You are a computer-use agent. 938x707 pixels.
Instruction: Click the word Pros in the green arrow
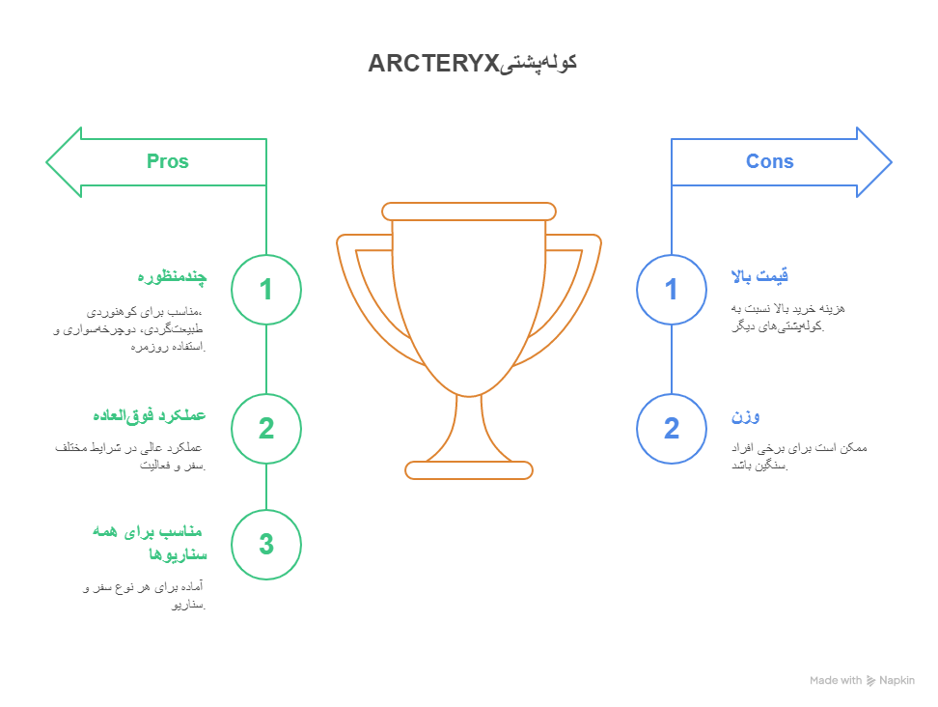(168, 161)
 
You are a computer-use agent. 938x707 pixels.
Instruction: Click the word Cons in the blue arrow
(769, 161)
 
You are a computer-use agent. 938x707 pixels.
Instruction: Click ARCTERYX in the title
(433, 64)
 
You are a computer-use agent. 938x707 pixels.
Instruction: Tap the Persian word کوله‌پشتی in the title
(538, 64)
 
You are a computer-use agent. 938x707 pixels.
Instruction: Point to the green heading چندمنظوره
(172, 276)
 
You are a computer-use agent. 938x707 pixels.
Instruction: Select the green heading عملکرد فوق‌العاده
(149, 415)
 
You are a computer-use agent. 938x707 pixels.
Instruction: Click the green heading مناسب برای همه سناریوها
(149, 543)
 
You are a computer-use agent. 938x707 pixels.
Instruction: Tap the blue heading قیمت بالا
(759, 276)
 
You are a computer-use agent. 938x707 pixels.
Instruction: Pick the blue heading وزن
(745, 416)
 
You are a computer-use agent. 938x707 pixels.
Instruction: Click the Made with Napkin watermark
(862, 681)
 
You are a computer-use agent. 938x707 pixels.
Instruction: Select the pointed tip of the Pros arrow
(46, 162)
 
